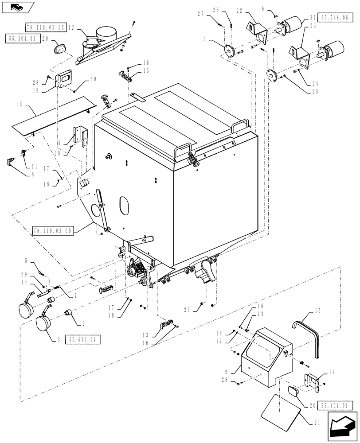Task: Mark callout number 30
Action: click(92, 79)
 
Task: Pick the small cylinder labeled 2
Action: click(68, 313)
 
